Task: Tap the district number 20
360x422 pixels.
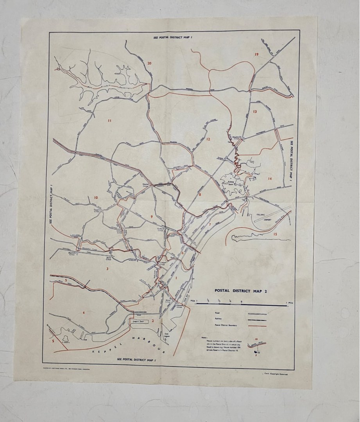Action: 149,63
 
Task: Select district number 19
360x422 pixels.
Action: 256,54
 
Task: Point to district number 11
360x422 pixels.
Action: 109,121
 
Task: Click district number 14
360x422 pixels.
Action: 270,179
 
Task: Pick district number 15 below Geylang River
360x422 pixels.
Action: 275,234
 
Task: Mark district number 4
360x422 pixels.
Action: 83,313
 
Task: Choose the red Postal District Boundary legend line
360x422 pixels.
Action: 257,325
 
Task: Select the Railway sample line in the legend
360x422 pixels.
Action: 257,320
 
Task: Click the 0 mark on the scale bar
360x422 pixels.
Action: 241,302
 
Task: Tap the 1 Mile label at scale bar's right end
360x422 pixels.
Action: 289,302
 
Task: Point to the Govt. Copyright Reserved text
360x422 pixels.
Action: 276,374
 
